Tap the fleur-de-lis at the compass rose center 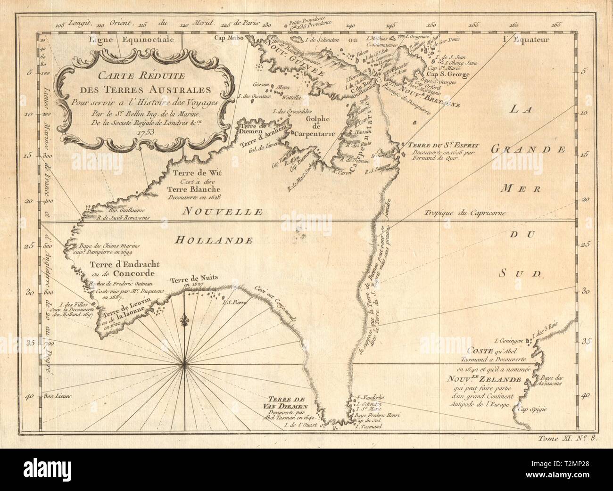pos(184,321)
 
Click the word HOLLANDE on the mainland pos(212,240)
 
